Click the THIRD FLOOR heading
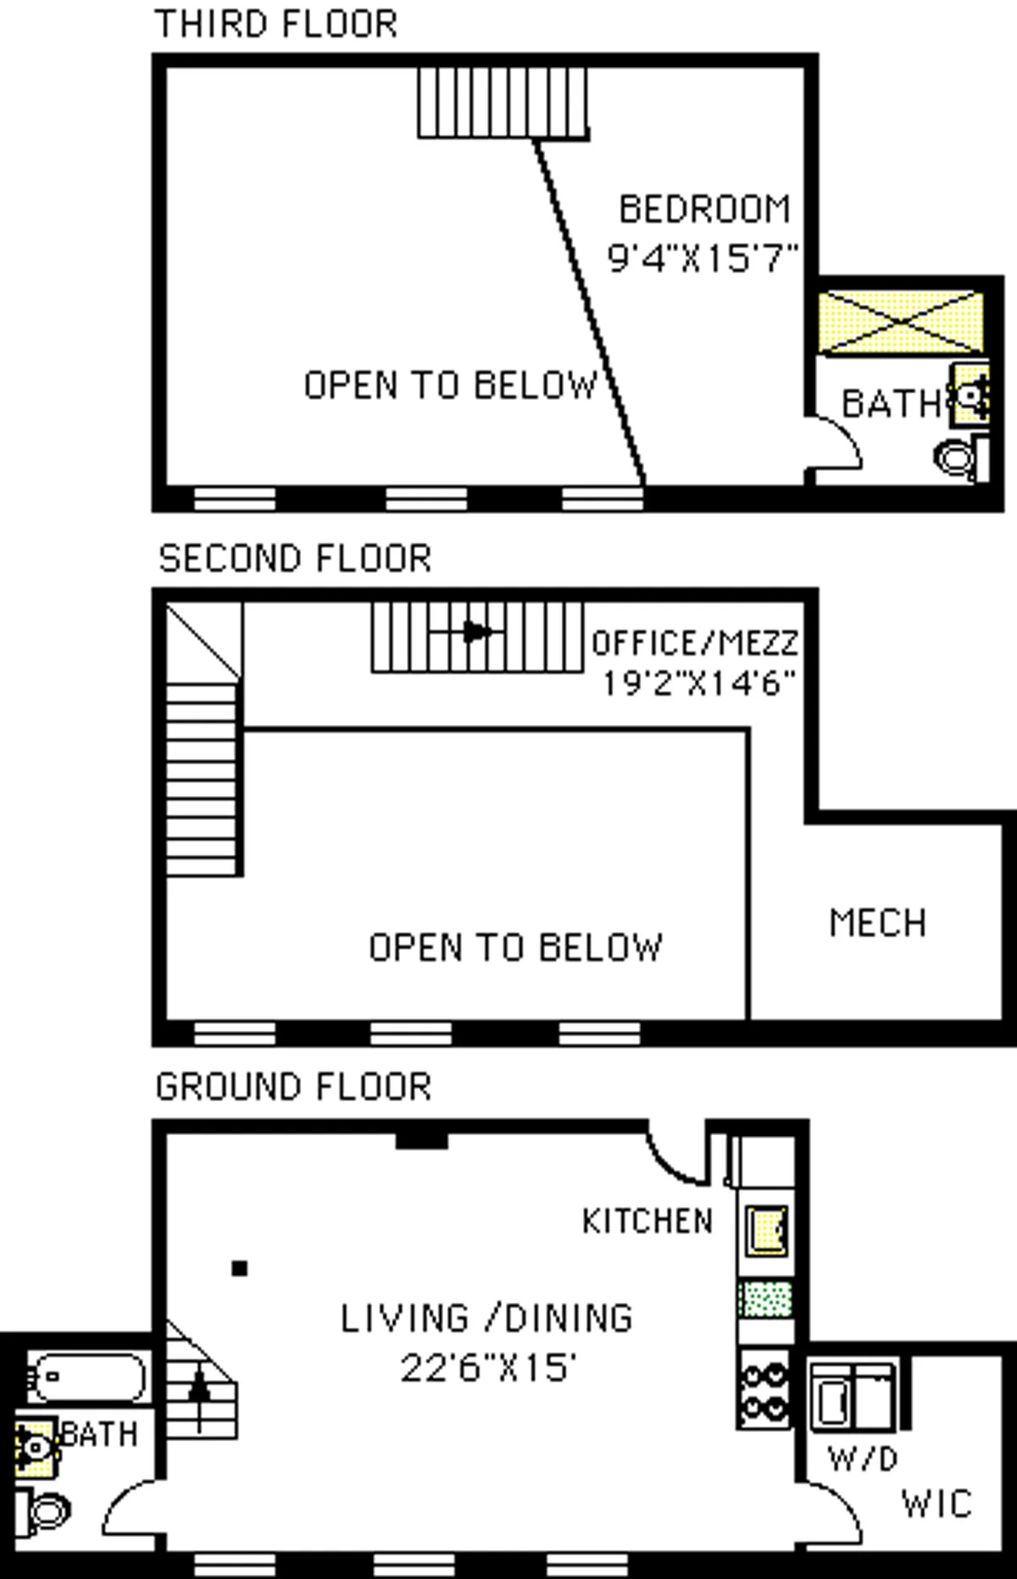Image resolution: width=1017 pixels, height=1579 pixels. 276,24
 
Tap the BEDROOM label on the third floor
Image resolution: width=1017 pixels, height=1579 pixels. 704,210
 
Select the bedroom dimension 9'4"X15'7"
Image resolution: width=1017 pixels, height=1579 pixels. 703,258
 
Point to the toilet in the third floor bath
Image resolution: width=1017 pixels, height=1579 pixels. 959,458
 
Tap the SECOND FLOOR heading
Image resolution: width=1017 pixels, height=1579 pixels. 295,559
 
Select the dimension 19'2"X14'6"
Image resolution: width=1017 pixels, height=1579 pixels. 698,683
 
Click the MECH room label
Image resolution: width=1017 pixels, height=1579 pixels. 877,923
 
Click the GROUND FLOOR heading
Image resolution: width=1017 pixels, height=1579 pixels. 293,1087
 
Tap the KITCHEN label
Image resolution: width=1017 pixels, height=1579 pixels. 647,1222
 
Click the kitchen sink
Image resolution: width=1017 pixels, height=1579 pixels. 767,1230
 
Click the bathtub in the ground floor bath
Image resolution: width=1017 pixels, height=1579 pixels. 85,1377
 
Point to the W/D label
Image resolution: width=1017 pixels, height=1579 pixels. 862,1459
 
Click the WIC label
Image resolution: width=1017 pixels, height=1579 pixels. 936,1504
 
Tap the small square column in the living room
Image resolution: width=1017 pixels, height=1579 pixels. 240,1268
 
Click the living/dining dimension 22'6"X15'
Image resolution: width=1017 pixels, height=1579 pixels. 488,1368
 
